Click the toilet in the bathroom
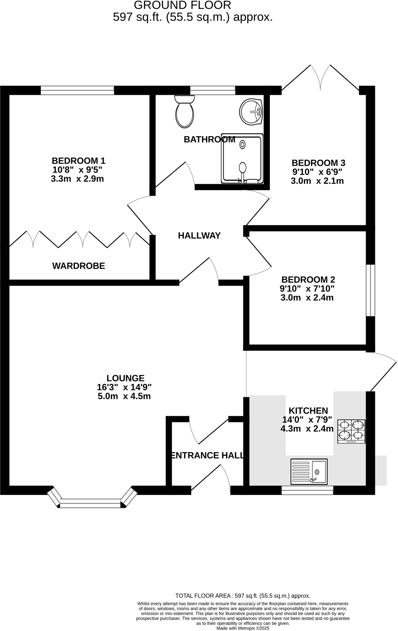pos(184,112)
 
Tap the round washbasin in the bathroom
pos(251,112)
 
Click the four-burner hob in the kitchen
pos(351,431)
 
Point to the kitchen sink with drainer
pos(309,471)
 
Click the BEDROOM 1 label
pos(78,161)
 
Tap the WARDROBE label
pos(79,266)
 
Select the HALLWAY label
pos(199,236)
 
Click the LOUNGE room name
pos(125,378)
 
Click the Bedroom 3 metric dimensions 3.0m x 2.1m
pos(317,181)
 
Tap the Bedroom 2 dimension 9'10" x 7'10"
pos(307,289)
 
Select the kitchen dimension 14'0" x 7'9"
pos(307,419)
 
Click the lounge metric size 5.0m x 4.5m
pos(124,396)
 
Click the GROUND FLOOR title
pos(182,5)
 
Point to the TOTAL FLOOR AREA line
pos(243,596)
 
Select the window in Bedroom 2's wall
pos(370,290)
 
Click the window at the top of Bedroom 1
pos(77,90)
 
